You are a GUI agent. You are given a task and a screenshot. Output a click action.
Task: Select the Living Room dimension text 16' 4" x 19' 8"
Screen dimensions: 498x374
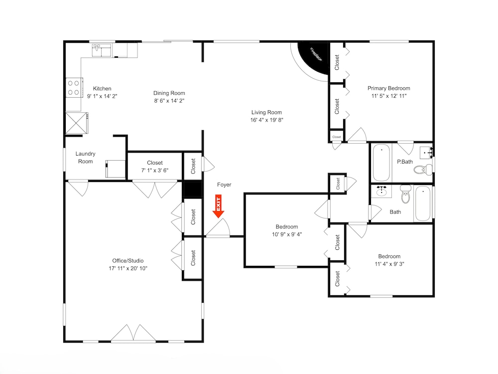click(x=266, y=120)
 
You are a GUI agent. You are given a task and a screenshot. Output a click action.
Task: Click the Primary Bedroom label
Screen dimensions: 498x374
click(x=389, y=88)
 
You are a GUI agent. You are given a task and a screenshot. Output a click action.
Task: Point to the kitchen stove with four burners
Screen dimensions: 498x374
click(x=74, y=88)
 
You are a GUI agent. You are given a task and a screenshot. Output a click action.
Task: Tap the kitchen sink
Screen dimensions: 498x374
click(x=102, y=50)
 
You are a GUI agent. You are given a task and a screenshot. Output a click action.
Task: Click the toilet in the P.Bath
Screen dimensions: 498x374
click(x=423, y=169)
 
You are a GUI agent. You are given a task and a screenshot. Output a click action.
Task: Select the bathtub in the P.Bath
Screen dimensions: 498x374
click(x=381, y=163)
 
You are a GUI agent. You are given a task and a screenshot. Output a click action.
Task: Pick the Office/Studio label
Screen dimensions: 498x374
click(x=127, y=260)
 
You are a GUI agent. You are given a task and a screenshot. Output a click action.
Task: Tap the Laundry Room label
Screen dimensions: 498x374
click(x=86, y=158)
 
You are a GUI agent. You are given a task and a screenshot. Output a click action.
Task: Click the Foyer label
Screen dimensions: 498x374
click(x=224, y=185)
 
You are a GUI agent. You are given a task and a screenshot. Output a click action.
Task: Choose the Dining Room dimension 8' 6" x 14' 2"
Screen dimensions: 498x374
click(x=169, y=101)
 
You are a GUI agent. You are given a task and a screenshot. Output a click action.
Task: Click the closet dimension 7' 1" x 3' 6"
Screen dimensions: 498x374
click(x=155, y=170)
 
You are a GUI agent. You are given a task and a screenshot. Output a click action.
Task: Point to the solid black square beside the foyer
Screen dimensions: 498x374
click(x=192, y=189)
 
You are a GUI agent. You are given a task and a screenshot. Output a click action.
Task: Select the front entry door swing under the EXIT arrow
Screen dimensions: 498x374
click(x=218, y=228)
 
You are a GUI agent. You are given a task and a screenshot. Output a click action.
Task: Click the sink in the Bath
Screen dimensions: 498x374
click(x=381, y=191)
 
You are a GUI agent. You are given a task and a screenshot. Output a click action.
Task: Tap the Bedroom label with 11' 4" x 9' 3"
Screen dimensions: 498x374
click(x=389, y=256)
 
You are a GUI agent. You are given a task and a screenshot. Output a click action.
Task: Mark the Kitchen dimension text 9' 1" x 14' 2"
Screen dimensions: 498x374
click(x=102, y=96)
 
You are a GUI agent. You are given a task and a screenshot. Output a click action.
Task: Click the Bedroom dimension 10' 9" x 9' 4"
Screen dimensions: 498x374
click(x=287, y=234)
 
